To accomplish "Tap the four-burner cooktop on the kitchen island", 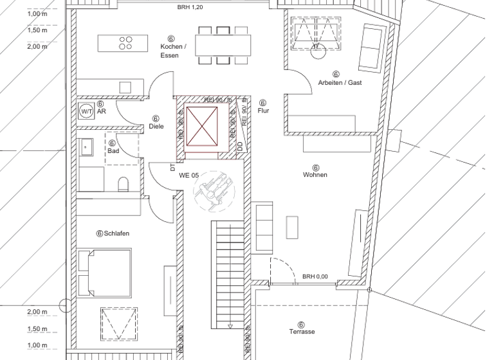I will pyautogui.click(x=126, y=42).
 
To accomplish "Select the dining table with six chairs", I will pyautogui.click(x=223, y=44).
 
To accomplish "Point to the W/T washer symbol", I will pyautogui.click(x=86, y=111).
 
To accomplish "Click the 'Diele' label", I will pyautogui.click(x=156, y=126).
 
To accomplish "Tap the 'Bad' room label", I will pyautogui.click(x=114, y=151).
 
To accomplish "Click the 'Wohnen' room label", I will pyautogui.click(x=316, y=174).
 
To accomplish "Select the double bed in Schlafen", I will pyautogui.click(x=105, y=272).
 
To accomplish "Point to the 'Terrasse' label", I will pyautogui.click(x=301, y=332).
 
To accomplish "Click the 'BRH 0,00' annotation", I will pyautogui.click(x=315, y=276).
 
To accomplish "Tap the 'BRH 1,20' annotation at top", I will pyautogui.click(x=190, y=6).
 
